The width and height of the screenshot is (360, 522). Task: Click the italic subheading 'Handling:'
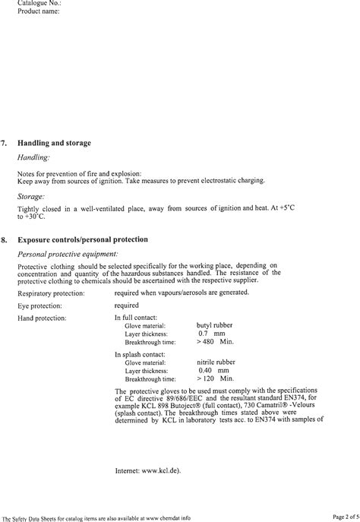click(x=33, y=157)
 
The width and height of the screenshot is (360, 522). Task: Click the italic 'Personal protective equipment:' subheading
click(x=68, y=253)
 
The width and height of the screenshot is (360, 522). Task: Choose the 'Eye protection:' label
click(x=39, y=305)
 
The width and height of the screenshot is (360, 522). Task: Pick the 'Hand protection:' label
click(x=42, y=318)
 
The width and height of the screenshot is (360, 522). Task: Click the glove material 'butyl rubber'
click(x=214, y=325)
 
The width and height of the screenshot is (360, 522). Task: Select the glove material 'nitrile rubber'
click(x=216, y=362)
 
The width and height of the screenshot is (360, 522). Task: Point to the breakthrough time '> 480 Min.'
click(x=216, y=342)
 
